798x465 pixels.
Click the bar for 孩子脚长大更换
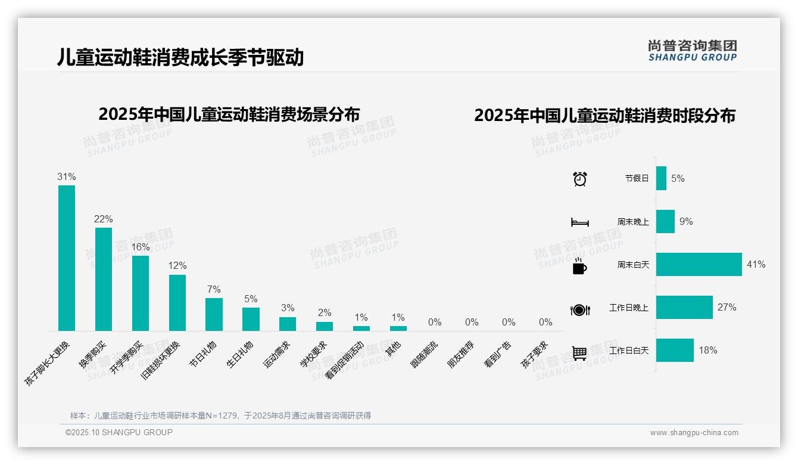[x=67, y=258]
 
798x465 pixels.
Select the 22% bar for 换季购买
[x=104, y=279]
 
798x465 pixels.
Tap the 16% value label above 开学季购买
[x=141, y=247]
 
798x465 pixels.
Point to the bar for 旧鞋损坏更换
[x=177, y=302]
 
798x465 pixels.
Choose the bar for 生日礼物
[x=251, y=319]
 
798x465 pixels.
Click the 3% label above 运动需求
[x=288, y=308]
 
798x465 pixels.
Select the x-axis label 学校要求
[x=313, y=354]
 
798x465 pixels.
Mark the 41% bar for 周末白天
[x=699, y=264]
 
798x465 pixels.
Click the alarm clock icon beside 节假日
[x=579, y=179]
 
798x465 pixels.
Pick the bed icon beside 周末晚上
[x=579, y=222]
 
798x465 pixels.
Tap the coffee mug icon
[x=579, y=266]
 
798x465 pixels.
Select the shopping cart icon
[x=579, y=353]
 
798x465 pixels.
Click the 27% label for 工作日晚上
[x=727, y=308]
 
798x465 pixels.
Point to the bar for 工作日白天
[x=675, y=351]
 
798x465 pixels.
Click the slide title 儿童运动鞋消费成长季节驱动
[x=180, y=57]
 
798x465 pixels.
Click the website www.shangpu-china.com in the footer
[x=694, y=433]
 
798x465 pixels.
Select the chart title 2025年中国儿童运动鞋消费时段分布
[x=604, y=116]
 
